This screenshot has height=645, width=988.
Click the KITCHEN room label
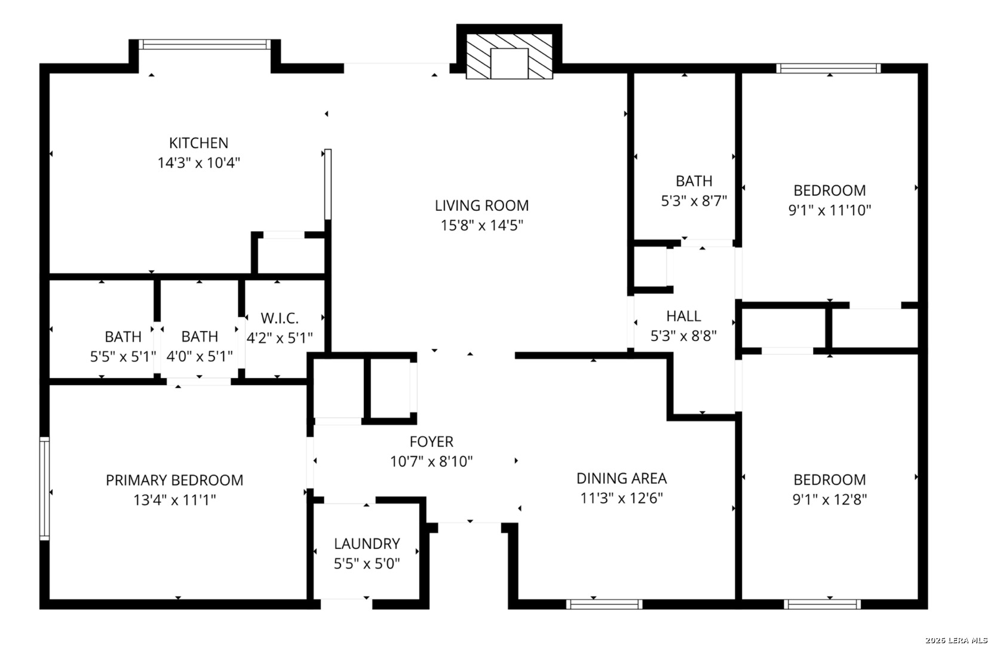[198, 143]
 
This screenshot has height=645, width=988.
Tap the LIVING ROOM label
[481, 205]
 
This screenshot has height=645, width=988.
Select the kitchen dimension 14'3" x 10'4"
[198, 162]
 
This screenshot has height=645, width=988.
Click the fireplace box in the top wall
[509, 52]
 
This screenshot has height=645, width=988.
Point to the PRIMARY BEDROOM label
[174, 480]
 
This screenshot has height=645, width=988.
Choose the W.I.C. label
[280, 318]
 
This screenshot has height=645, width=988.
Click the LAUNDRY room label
[367, 543]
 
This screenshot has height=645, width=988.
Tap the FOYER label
[431, 441]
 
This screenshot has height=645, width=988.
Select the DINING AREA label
[621, 478]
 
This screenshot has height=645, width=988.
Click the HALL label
[684, 316]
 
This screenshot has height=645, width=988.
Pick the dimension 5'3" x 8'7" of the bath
[694, 201]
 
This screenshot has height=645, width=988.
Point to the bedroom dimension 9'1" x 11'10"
[830, 210]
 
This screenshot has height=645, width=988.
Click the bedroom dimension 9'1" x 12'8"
[830, 499]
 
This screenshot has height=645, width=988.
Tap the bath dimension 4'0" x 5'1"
[200, 356]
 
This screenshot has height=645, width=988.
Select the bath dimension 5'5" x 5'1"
[123, 356]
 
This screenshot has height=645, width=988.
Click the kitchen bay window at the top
[205, 44]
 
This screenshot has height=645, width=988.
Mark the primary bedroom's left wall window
[44, 489]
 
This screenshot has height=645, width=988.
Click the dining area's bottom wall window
[605, 604]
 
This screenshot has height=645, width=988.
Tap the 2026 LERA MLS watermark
[956, 640]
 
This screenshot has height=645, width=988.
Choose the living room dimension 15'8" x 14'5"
[481, 225]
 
